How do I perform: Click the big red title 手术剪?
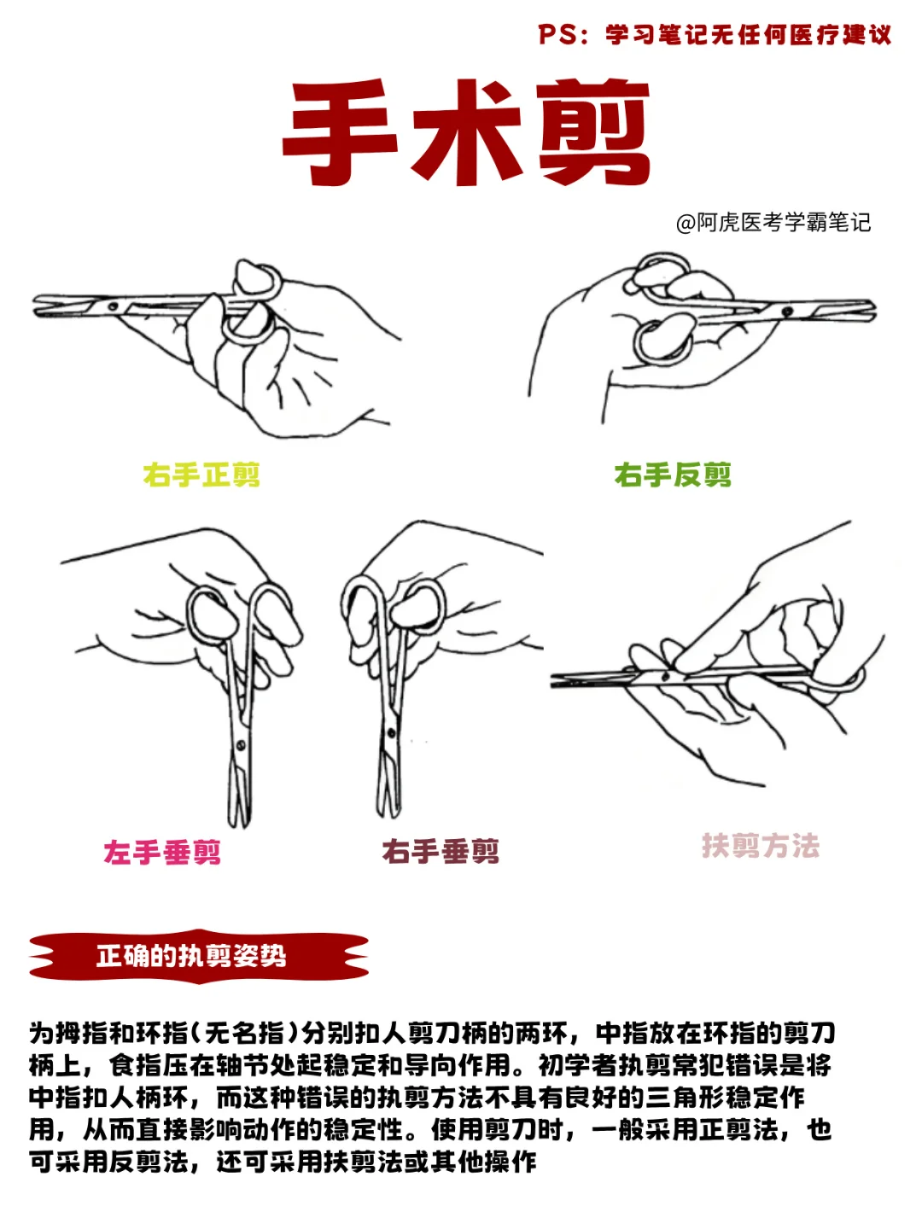click(467, 132)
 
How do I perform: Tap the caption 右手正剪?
click(201, 475)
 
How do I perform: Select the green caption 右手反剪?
click(673, 475)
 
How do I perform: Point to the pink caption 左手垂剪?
click(162, 852)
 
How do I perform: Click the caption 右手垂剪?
click(441, 851)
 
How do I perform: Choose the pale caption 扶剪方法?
click(761, 846)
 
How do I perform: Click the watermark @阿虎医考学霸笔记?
click(773, 223)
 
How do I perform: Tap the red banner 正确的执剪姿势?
click(199, 956)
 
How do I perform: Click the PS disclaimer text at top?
click(715, 35)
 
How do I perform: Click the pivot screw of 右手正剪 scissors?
click(114, 306)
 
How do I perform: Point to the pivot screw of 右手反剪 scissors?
click(788, 312)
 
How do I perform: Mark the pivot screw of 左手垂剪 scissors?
click(241, 745)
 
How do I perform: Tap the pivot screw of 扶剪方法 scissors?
click(665, 676)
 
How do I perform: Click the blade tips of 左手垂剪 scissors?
click(240, 824)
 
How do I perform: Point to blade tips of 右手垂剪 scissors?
click(388, 813)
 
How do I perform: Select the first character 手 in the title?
click(340, 132)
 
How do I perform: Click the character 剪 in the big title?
click(594, 132)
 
